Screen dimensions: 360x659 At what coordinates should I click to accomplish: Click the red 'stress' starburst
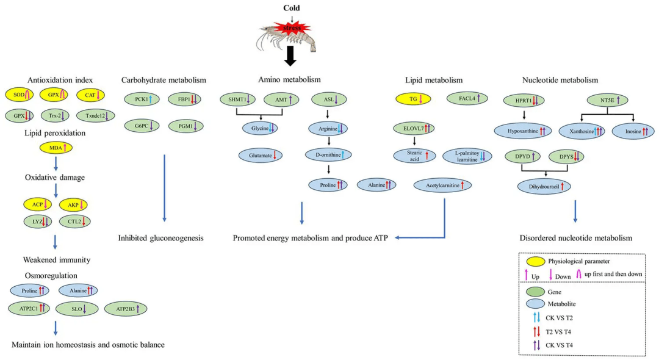tap(292, 27)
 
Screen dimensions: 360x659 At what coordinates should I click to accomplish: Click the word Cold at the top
tap(292, 8)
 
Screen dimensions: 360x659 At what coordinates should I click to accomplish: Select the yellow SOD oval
tap(20, 95)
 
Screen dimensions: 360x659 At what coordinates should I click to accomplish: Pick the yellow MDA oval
tap(56, 147)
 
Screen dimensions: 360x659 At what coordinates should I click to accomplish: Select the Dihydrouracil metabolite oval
tap(544, 186)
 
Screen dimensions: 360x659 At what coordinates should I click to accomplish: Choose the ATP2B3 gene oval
tap(126, 309)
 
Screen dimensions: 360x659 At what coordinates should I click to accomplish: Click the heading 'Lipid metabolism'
tap(433, 80)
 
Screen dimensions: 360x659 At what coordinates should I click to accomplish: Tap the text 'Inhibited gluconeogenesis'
tap(160, 237)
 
